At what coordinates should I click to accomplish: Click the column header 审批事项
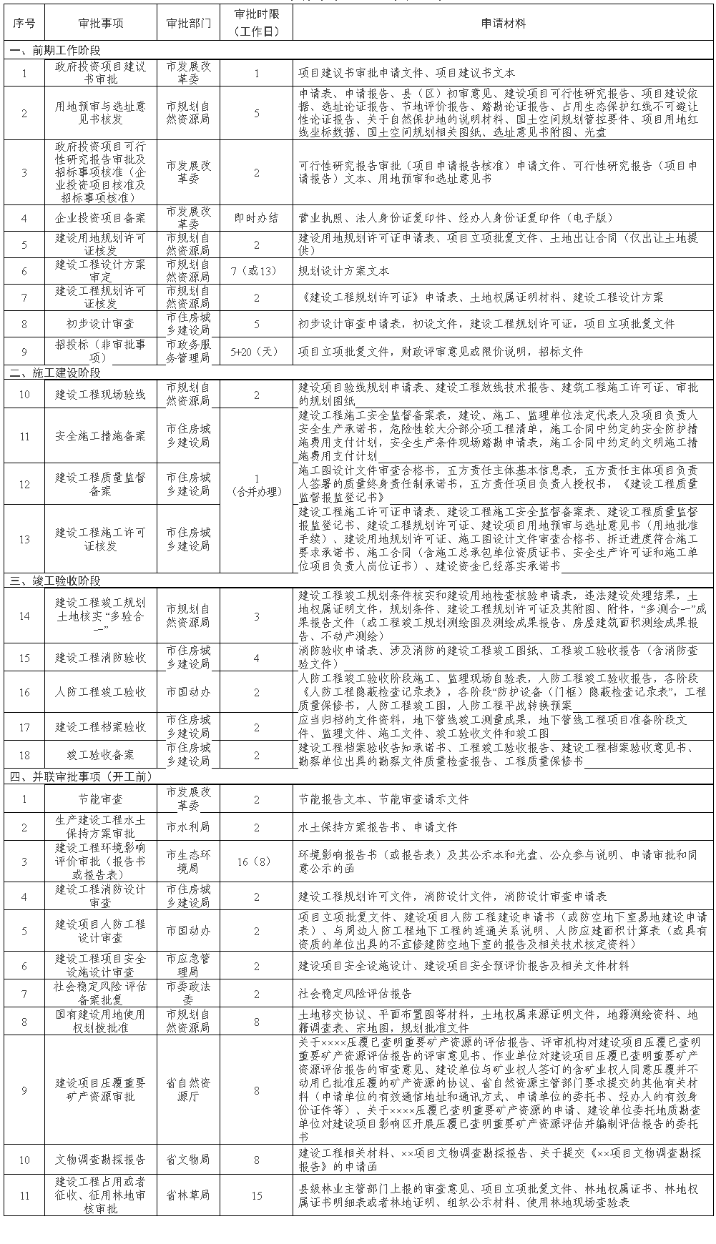point(101,23)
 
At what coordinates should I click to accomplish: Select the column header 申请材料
point(504,23)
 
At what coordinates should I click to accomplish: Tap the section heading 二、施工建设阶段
point(56,372)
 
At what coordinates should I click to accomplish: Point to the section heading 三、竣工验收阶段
point(56,581)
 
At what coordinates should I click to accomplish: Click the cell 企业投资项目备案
point(101,218)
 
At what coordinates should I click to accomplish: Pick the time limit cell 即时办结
point(257,218)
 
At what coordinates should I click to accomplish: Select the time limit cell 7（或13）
point(257,271)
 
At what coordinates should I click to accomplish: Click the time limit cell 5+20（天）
point(257,352)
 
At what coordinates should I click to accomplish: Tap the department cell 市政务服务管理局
point(189,352)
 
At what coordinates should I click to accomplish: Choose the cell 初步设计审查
point(101,324)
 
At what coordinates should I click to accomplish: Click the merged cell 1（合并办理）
point(257,484)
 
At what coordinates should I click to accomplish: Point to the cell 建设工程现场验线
point(101,395)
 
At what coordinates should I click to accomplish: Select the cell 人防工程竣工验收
point(101,692)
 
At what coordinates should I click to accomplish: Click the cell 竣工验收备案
point(101,755)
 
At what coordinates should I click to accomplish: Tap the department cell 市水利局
point(189,826)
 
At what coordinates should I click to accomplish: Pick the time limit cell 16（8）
point(257,862)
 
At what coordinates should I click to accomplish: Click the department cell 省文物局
point(189,1160)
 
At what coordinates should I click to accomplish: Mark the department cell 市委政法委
point(189,994)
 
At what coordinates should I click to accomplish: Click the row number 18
point(24,755)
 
